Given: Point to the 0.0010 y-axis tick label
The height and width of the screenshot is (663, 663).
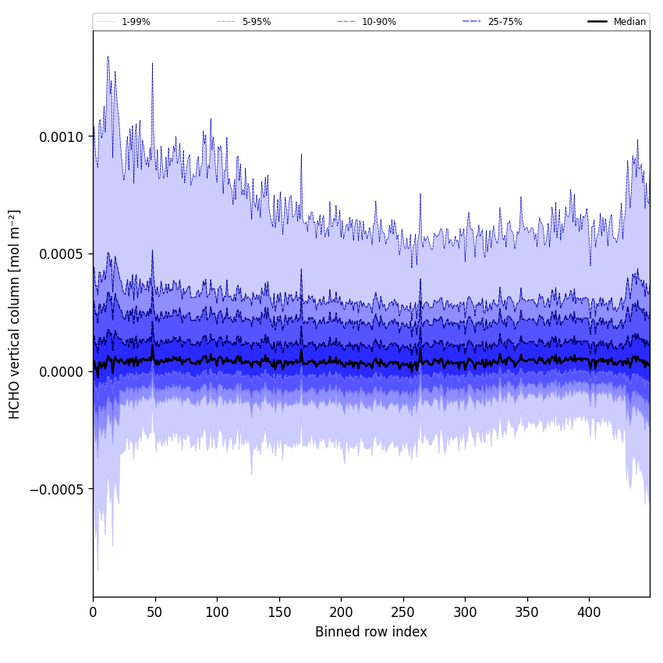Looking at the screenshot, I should coord(61,136).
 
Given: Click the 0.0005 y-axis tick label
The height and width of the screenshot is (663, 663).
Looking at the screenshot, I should coord(61,254).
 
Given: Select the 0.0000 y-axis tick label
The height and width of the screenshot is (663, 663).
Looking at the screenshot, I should coord(61,371).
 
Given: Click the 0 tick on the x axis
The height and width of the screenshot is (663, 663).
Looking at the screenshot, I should coord(93,613).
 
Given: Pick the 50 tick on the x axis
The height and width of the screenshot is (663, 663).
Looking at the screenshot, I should coord(155,613).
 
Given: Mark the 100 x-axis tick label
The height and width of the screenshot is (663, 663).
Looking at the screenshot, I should coord(217,613).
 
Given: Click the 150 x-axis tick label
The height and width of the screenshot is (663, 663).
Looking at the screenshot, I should coord(279,613).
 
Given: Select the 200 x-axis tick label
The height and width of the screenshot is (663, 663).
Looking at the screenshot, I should coord(341,613).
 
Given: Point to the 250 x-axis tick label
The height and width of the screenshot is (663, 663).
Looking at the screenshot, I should coord(403,613).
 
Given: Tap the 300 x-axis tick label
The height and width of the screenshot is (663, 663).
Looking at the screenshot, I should coord(465,613).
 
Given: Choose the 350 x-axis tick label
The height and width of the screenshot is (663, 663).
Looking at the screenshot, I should coord(527,613).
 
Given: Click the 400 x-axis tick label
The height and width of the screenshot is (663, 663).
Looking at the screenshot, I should coord(589,613).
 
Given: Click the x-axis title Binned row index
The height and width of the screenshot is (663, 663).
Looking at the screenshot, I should coord(371,632).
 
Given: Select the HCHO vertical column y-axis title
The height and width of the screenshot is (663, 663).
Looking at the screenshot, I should coord(15,314).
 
